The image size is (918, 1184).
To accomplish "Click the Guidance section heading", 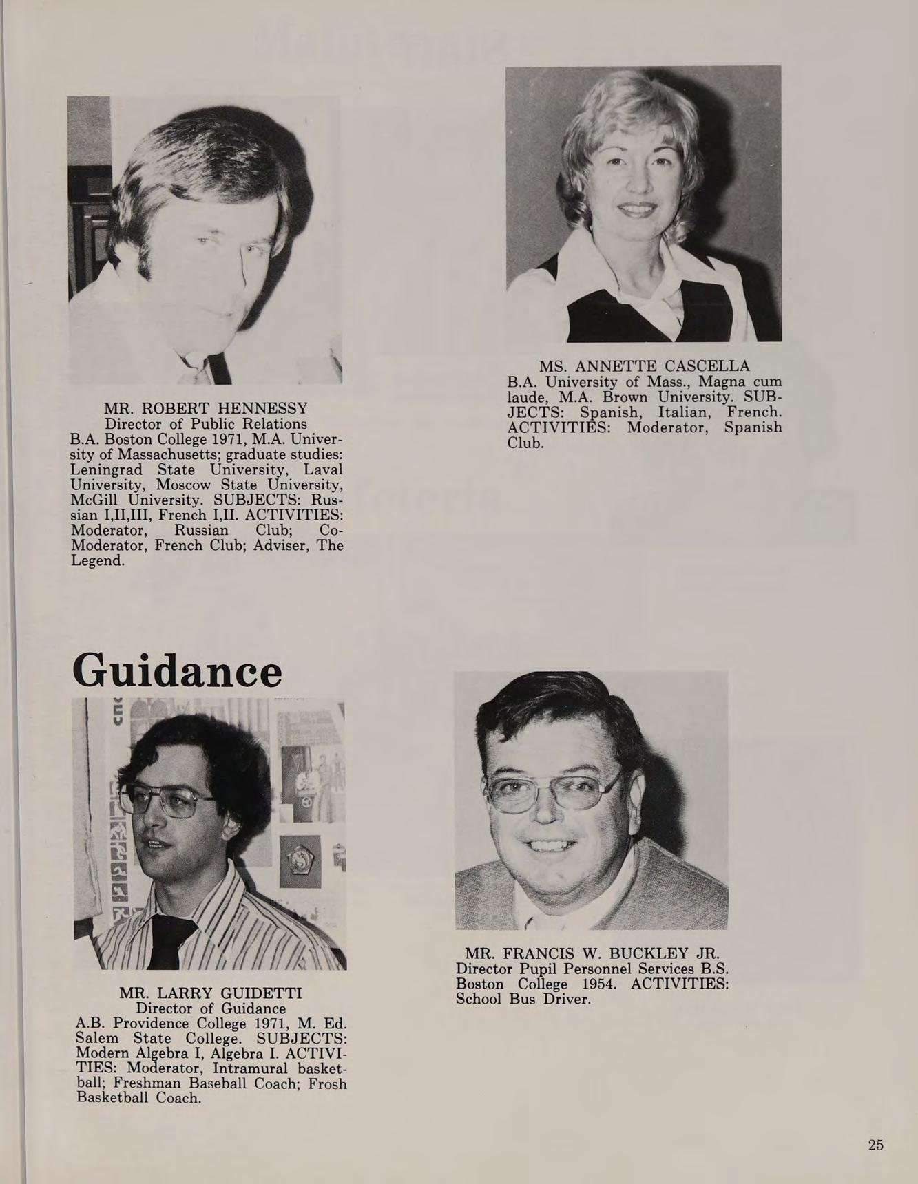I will click(177, 670).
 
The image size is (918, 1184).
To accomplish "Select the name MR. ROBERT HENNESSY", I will click(206, 408).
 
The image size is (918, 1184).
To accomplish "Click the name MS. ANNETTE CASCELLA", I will click(644, 366).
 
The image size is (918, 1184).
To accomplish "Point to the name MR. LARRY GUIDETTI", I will click(211, 993).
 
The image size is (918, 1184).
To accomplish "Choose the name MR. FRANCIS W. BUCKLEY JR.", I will click(592, 953).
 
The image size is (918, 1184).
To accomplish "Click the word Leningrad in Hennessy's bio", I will click(107, 469).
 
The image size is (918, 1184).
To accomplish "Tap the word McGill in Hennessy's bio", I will click(92, 500).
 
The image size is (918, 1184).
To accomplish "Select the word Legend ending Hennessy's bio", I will click(96, 560).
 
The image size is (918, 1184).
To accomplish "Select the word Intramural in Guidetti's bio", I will click(253, 1068).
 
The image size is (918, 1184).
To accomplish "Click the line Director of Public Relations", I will click(206, 423).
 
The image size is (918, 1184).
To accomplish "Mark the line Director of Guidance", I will click(211, 1008).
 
